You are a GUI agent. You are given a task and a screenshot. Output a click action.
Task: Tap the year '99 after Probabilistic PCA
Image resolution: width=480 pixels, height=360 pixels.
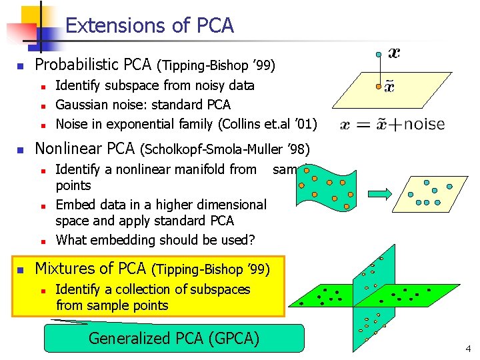coord(264,66)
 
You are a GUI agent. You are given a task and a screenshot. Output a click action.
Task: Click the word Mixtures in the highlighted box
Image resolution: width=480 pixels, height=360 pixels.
coord(65,269)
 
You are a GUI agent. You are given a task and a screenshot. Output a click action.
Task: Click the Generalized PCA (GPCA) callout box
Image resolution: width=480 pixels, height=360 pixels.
coord(174,338)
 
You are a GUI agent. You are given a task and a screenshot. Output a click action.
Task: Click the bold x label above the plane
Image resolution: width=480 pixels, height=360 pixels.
coord(395,52)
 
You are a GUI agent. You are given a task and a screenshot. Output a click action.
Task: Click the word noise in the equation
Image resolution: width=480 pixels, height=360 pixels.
coord(424,123)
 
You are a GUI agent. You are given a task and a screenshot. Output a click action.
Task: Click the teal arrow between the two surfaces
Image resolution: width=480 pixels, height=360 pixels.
coord(379,194)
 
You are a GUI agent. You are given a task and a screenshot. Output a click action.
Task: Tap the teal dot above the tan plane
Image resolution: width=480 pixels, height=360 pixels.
coord(379,53)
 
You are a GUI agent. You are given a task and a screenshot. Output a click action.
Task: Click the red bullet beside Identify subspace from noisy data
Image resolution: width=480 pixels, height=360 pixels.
coord(42,86)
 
